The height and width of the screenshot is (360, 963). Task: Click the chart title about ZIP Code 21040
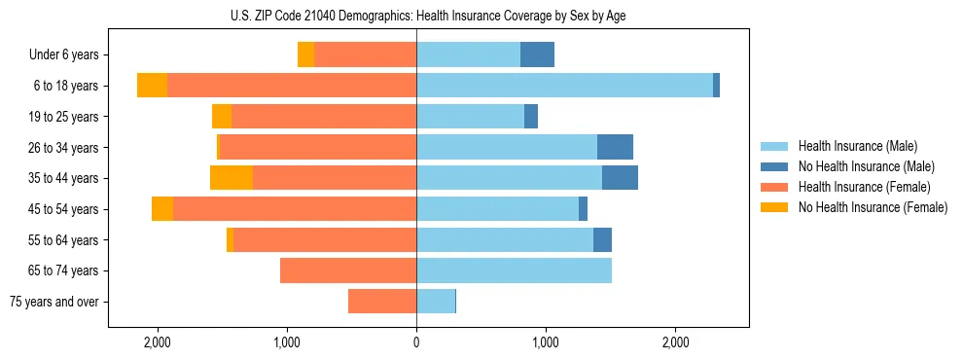coord(427,17)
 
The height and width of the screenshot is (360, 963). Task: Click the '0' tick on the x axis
coord(416,342)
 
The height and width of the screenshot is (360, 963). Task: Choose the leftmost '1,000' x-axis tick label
coord(287,342)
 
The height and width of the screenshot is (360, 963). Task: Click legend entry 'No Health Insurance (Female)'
coord(873,207)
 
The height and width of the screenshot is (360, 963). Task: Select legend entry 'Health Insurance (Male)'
coord(858,146)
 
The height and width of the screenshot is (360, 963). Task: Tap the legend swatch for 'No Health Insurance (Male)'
coord(775,166)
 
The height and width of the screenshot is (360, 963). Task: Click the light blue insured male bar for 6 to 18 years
coord(564,86)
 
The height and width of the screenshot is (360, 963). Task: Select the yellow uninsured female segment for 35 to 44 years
coord(232,178)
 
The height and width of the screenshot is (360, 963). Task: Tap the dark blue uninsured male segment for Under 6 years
coord(537,55)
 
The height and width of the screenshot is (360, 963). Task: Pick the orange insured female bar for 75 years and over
coord(382,302)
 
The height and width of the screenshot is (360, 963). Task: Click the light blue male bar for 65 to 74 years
coord(514,270)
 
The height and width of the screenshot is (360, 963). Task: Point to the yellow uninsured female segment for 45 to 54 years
coord(162,209)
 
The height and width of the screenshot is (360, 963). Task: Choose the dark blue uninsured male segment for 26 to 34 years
coord(615,147)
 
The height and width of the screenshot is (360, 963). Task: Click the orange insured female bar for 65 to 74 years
coord(348,270)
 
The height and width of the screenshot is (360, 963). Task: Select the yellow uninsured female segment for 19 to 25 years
coord(222,117)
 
